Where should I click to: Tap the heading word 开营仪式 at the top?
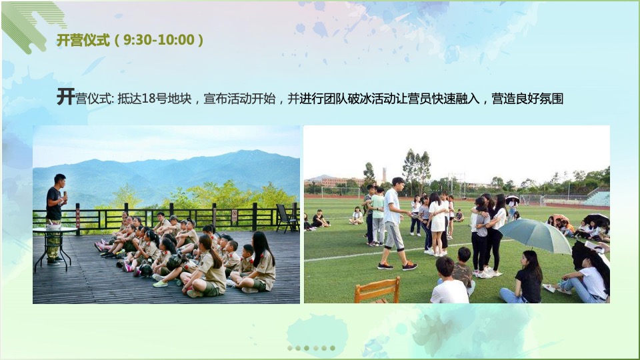point(83,40)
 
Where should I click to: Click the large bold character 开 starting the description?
point(65,97)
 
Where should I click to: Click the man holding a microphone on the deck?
point(55,213)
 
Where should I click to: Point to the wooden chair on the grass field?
point(377,290)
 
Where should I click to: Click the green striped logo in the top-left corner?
point(33,23)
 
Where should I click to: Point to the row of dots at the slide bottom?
point(311,348)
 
